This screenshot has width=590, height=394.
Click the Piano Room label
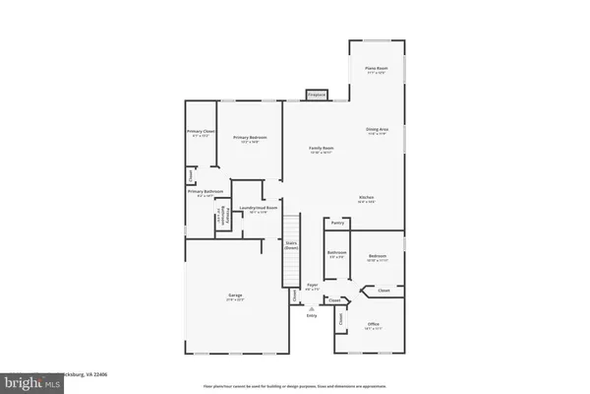(x=375, y=70)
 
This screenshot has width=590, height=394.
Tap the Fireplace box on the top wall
(x=316, y=95)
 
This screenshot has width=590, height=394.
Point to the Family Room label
(x=323, y=150)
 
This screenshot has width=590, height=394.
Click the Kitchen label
(x=366, y=198)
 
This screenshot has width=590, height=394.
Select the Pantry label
(x=337, y=225)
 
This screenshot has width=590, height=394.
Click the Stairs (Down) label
(x=291, y=246)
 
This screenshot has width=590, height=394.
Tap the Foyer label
(x=312, y=286)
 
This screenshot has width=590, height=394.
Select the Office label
(x=374, y=325)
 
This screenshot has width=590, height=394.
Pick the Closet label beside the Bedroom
(x=384, y=291)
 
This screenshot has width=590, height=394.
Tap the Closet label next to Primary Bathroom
(x=190, y=175)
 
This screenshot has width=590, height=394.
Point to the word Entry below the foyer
(x=312, y=315)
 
